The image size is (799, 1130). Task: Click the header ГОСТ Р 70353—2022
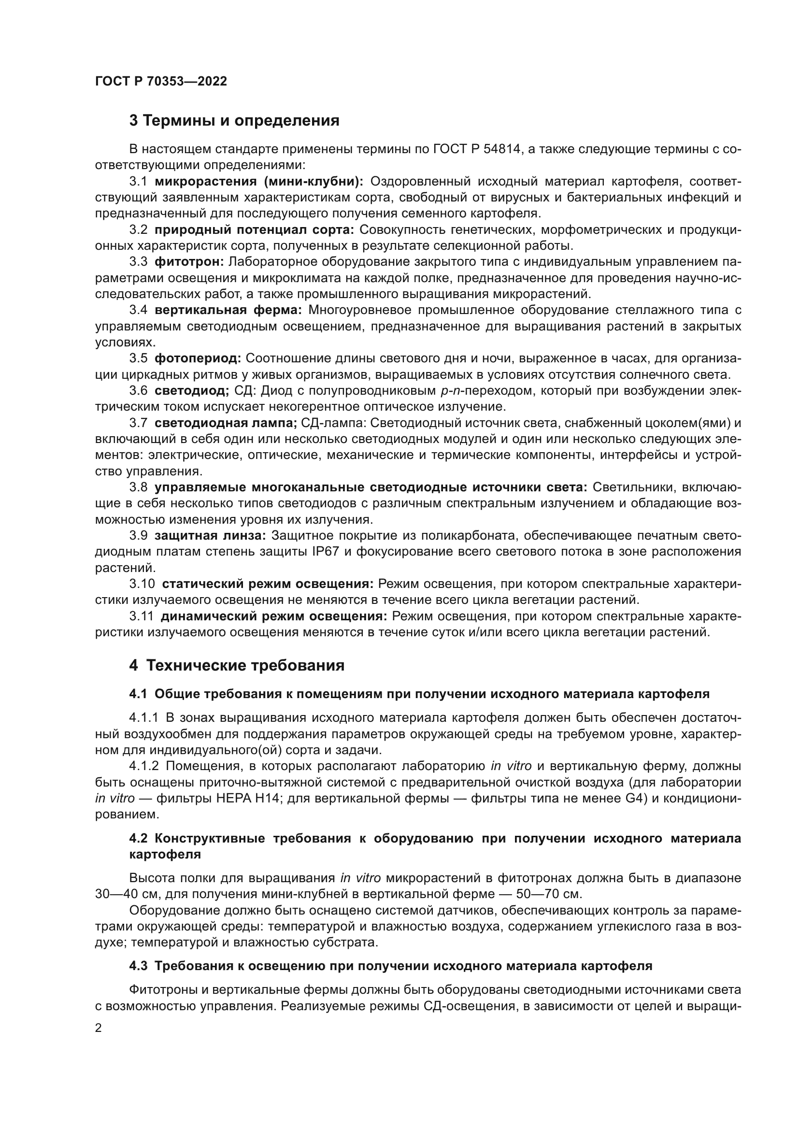click(x=161, y=81)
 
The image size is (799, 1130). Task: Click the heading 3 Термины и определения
click(x=234, y=121)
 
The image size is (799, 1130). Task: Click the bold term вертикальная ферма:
click(x=228, y=310)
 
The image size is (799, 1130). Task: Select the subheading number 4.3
click(x=139, y=966)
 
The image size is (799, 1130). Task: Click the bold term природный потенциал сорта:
click(x=255, y=230)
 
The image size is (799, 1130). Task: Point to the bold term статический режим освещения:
click(x=268, y=584)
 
